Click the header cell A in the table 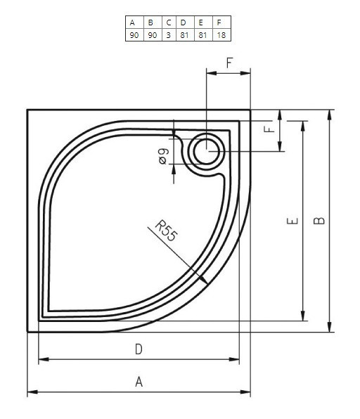point(133,22)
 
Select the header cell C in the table point(169,22)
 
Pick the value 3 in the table point(169,34)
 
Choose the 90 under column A point(133,34)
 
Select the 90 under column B point(150,34)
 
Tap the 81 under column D point(184,34)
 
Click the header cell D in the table point(184,22)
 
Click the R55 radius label point(166,230)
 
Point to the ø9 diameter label point(162,157)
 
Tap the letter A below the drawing point(139,382)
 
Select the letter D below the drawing point(139,349)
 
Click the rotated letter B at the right point(319,220)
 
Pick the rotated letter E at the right point(293,221)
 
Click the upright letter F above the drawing point(229,63)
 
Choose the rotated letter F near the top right point(268,130)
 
